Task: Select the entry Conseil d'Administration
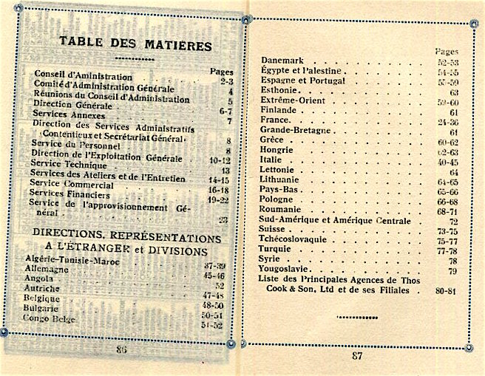click(83, 76)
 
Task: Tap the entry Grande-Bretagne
click(298, 133)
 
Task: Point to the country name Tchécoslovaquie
click(302, 240)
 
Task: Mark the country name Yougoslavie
click(291, 271)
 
